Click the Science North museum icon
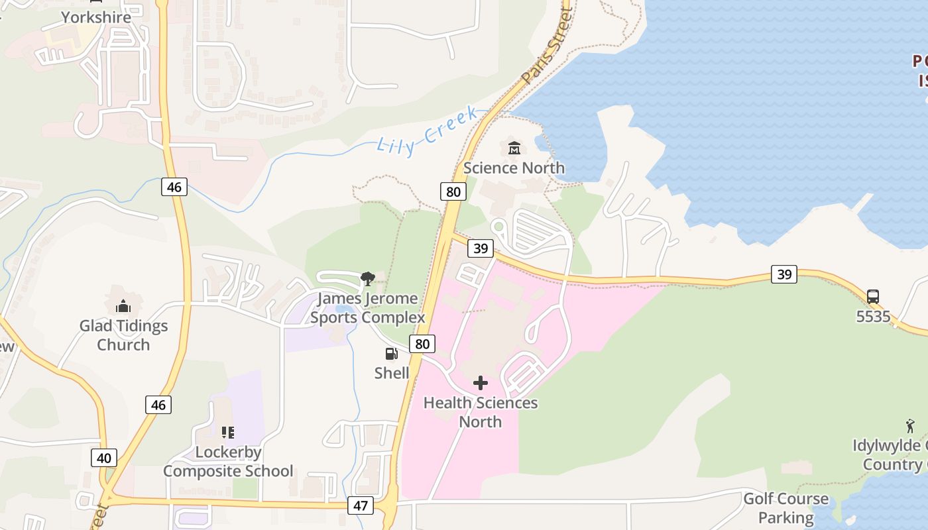point(514,148)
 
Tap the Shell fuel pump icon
point(392,354)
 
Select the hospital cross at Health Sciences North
point(481,383)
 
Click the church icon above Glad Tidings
point(123,306)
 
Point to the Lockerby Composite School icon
point(228,433)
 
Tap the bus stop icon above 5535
point(873,296)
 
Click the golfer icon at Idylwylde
point(910,425)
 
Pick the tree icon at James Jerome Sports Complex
point(367,278)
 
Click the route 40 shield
point(103,458)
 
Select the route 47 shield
point(360,505)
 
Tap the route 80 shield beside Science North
point(453,192)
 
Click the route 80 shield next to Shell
point(422,343)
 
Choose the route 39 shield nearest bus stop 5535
point(784,274)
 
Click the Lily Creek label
point(428,131)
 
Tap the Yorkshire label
point(96,17)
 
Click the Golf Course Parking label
point(786,507)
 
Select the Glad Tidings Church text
point(124,335)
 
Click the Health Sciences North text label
point(481,412)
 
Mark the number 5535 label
point(873,317)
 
